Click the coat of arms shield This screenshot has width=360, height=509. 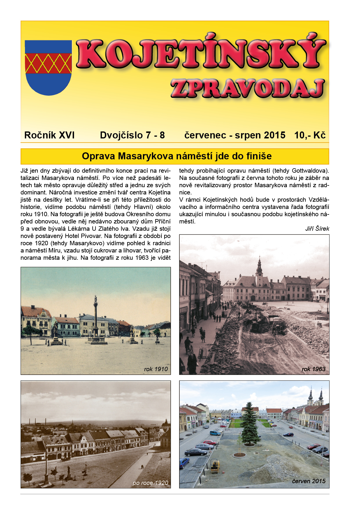(x=48, y=67)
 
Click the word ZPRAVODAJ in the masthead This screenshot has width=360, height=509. (x=247, y=88)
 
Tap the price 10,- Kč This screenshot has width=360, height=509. (x=310, y=135)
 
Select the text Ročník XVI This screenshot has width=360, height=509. (x=49, y=135)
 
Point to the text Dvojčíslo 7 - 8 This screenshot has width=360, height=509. (x=132, y=135)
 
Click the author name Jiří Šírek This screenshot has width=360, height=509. (x=317, y=229)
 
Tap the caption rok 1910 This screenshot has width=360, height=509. (x=156, y=369)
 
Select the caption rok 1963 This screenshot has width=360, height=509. (x=314, y=369)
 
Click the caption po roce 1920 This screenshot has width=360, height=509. (x=150, y=483)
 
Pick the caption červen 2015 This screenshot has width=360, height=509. (x=309, y=481)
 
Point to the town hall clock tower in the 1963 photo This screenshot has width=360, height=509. (x=259, y=268)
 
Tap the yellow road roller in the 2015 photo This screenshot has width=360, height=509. (x=215, y=466)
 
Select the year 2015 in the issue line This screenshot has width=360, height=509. (x=275, y=135)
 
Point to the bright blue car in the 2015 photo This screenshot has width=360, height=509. (x=215, y=433)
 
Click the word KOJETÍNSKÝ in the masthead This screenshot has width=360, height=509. (x=201, y=54)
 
